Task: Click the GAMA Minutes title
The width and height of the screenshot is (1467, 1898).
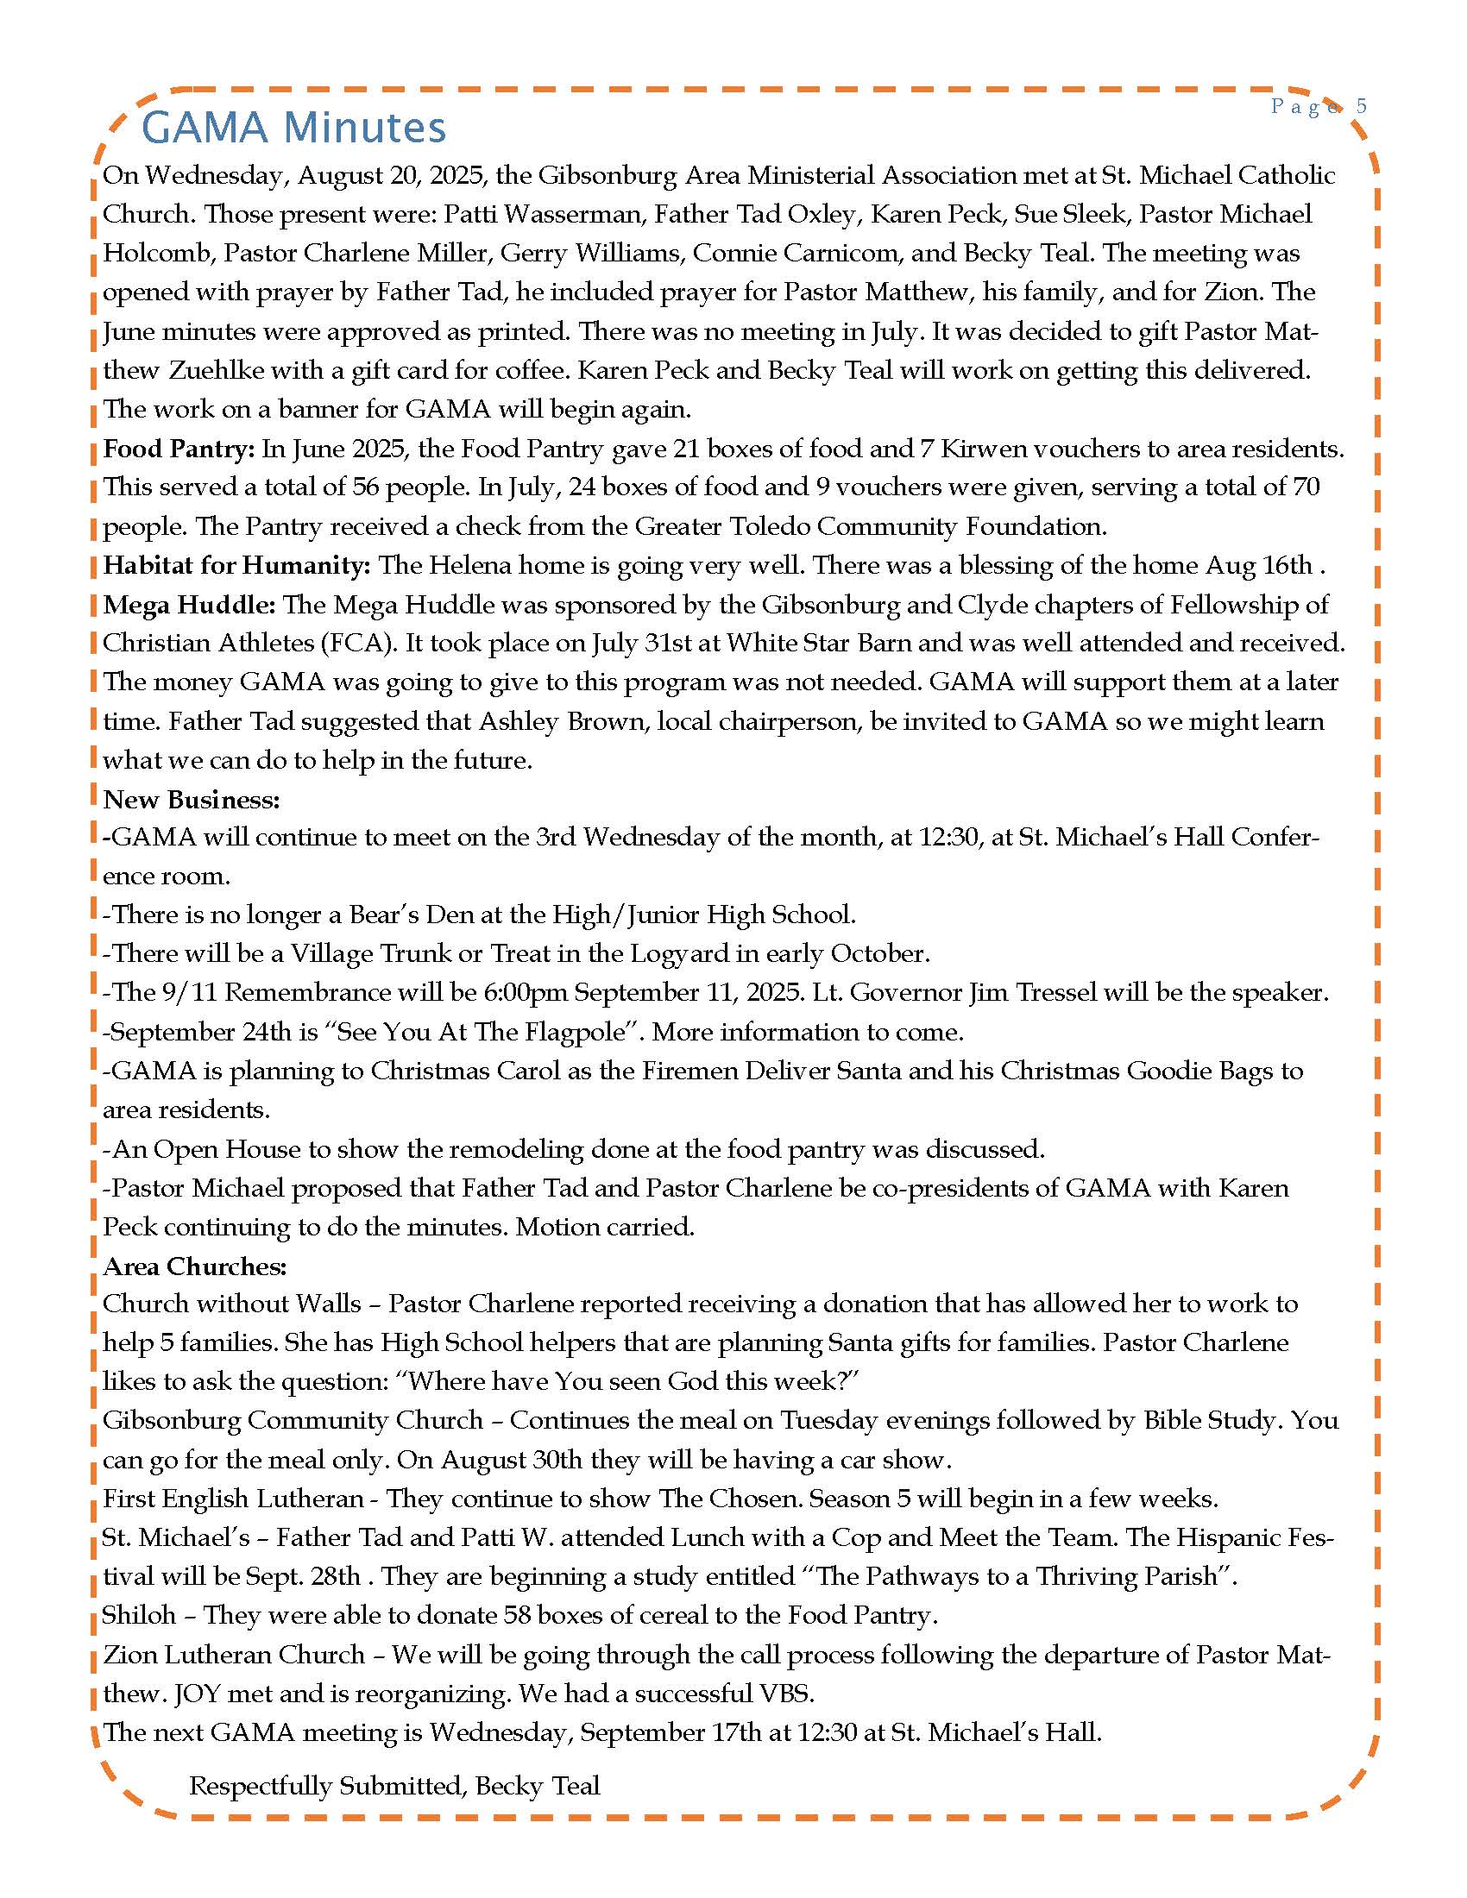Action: pyautogui.click(x=293, y=127)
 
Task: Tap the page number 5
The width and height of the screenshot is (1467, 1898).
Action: pyautogui.click(x=1361, y=106)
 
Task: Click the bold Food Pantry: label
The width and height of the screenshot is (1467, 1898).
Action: pyautogui.click(x=178, y=449)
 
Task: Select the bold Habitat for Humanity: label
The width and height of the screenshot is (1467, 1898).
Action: pyautogui.click(x=236, y=565)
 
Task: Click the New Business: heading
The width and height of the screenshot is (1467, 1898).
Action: pyautogui.click(x=192, y=799)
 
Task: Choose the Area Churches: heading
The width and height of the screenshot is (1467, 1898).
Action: pyautogui.click(x=194, y=1266)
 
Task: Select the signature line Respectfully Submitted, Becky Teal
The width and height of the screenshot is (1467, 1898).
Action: pyautogui.click(x=394, y=1786)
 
